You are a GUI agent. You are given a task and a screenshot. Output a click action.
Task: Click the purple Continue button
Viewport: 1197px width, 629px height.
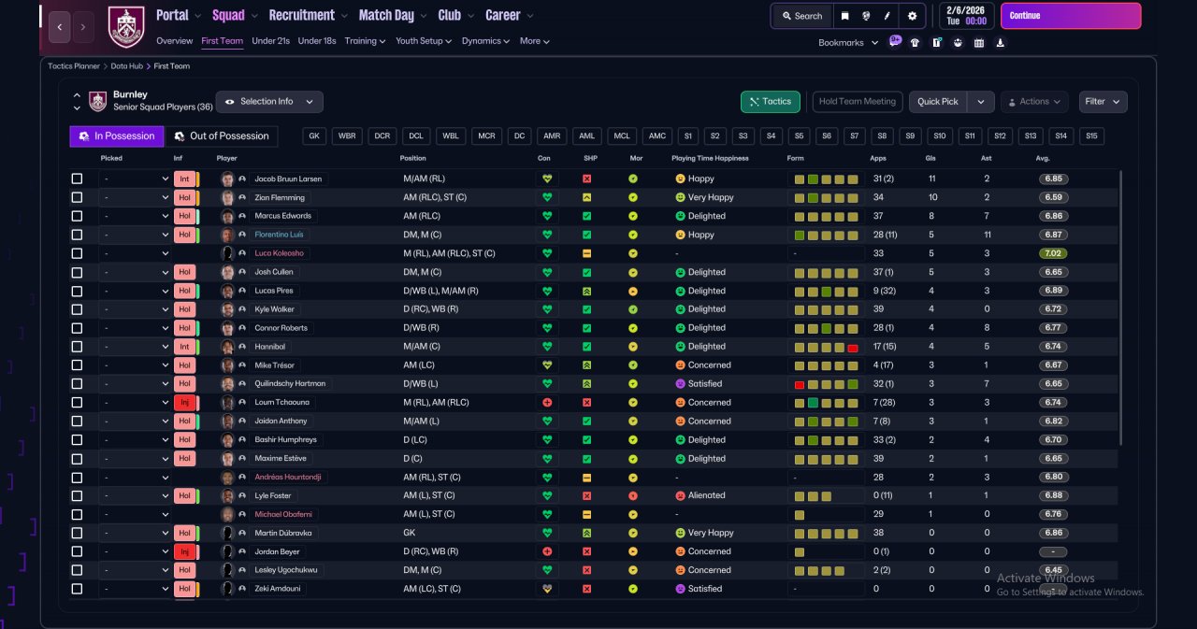pyautogui.click(x=1071, y=16)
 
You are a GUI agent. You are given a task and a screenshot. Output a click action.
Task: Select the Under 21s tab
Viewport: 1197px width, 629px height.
pyautogui.click(x=270, y=41)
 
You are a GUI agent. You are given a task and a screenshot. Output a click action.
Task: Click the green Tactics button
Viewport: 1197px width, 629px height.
pyautogui.click(x=770, y=102)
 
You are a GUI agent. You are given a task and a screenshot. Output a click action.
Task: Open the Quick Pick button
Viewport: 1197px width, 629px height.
pyautogui.click(x=938, y=102)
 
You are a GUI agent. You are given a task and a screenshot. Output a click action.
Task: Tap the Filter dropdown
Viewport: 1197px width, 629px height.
pyautogui.click(x=1103, y=102)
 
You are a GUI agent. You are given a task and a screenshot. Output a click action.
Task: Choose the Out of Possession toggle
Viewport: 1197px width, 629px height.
pyautogui.click(x=222, y=136)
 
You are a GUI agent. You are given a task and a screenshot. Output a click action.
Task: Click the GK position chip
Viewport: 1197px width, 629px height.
pyautogui.click(x=314, y=136)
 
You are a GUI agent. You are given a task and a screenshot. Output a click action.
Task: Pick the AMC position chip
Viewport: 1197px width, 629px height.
pyautogui.click(x=656, y=136)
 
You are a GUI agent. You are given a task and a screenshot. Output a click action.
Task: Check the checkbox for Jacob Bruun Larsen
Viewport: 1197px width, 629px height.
pyautogui.click(x=77, y=179)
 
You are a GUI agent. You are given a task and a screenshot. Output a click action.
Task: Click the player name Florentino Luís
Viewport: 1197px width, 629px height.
pyautogui.click(x=279, y=235)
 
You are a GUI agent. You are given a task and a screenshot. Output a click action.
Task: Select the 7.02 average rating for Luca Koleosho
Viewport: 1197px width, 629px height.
pyautogui.click(x=1053, y=253)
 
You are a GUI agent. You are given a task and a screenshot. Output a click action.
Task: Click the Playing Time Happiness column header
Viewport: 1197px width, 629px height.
pyautogui.click(x=710, y=158)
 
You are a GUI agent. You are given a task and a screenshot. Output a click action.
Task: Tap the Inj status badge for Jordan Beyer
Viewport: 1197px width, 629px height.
pyautogui.click(x=185, y=551)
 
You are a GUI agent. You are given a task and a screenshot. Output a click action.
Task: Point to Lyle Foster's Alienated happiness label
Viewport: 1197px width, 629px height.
pyautogui.click(x=706, y=495)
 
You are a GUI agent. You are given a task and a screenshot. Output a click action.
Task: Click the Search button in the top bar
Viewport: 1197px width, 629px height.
pyautogui.click(x=802, y=16)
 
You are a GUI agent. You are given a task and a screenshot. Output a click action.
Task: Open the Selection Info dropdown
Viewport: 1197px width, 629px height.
pyautogui.click(x=269, y=102)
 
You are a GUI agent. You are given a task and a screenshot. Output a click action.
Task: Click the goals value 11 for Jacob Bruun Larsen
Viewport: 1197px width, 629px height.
pyautogui.click(x=932, y=179)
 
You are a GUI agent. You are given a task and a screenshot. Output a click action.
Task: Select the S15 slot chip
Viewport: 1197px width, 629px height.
pyautogui.click(x=1091, y=136)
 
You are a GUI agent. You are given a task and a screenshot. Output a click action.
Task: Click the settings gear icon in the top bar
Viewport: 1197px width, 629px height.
pyautogui.click(x=912, y=16)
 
